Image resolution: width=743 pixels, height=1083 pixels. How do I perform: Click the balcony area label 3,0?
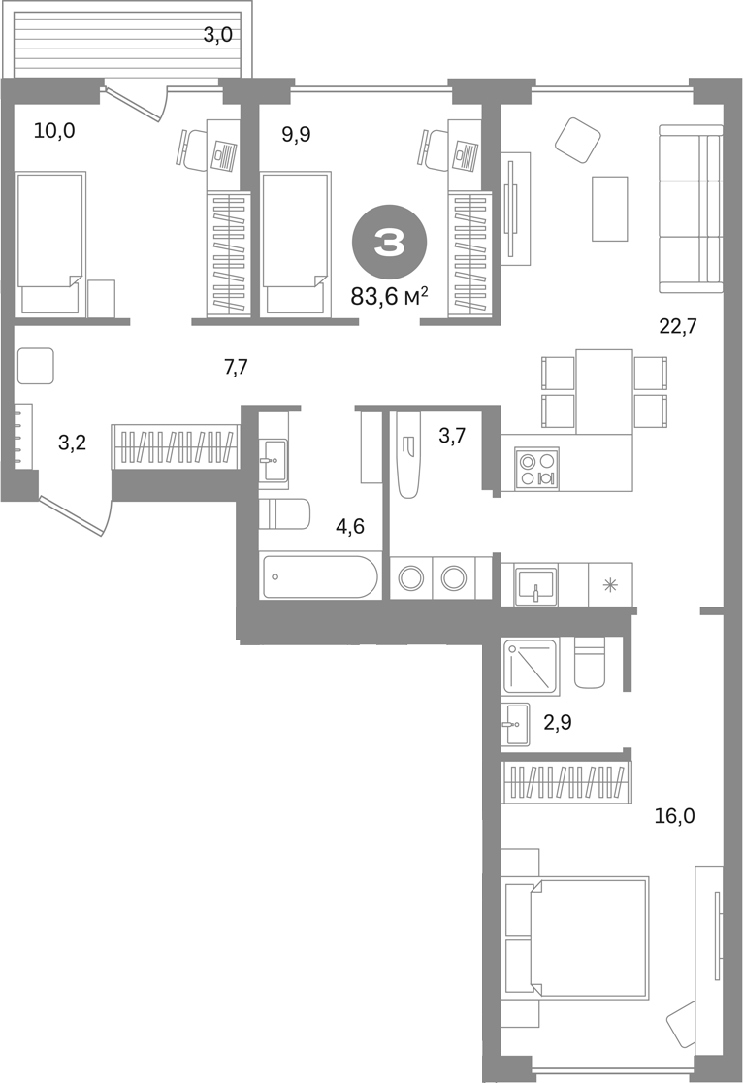217,35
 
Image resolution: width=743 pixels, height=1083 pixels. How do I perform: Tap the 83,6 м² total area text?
390,297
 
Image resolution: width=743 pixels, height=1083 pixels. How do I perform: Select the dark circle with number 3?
390,242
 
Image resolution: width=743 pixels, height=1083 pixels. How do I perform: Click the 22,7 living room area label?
677,325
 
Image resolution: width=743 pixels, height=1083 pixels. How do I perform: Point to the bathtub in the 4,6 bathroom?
320,576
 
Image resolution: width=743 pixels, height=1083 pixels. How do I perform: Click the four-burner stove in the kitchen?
536,469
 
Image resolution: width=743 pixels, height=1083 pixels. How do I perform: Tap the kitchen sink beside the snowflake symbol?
535,587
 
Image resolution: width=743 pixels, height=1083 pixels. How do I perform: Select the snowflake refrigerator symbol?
610,586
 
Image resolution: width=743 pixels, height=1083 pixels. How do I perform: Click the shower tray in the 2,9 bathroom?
531,666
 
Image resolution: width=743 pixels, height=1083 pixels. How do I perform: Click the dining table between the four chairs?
604,392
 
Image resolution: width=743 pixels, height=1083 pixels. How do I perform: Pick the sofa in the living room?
691,208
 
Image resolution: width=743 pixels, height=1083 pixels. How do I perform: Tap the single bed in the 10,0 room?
49,245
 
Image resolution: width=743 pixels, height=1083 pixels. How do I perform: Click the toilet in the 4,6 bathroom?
284,513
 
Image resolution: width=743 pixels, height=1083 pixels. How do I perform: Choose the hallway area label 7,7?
236,367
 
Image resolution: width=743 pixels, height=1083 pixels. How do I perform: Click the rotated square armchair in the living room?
578,140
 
